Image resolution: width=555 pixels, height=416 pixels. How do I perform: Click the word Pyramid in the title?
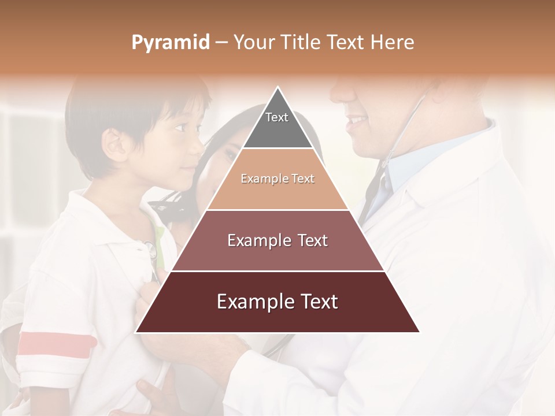[170, 43]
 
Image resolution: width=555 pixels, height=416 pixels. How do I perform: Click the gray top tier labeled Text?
[277, 124]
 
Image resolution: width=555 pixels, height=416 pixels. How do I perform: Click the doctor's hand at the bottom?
[191, 352]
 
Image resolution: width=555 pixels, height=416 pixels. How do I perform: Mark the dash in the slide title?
[221, 43]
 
